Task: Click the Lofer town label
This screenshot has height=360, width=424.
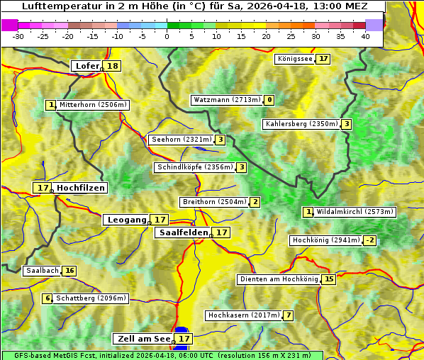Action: pyautogui.click(x=87, y=66)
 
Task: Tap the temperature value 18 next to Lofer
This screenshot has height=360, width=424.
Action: pyautogui.click(x=113, y=66)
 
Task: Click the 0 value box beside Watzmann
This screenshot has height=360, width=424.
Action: pyautogui.click(x=269, y=100)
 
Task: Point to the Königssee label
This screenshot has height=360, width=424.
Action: pyautogui.click(x=295, y=59)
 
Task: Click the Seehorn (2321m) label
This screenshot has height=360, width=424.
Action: pyautogui.click(x=182, y=140)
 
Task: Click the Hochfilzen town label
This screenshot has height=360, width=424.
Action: pyautogui.click(x=80, y=188)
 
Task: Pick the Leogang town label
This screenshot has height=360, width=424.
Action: pyautogui.click(x=127, y=220)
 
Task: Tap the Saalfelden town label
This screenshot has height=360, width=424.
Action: pyautogui.click(x=183, y=232)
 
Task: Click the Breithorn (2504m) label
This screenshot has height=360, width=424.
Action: pyautogui.click(x=213, y=202)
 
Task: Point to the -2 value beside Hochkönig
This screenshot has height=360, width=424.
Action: pyautogui.click(x=370, y=240)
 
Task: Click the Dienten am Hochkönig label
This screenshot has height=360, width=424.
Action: pyautogui.click(x=279, y=279)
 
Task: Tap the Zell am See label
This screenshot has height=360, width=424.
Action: pyautogui.click(x=143, y=339)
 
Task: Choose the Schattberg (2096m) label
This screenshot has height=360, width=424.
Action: pyautogui.click(x=91, y=298)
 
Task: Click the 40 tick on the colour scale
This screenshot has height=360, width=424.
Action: pyautogui.click(x=365, y=36)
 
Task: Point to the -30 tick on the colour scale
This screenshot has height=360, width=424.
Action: pyautogui.click(x=18, y=36)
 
